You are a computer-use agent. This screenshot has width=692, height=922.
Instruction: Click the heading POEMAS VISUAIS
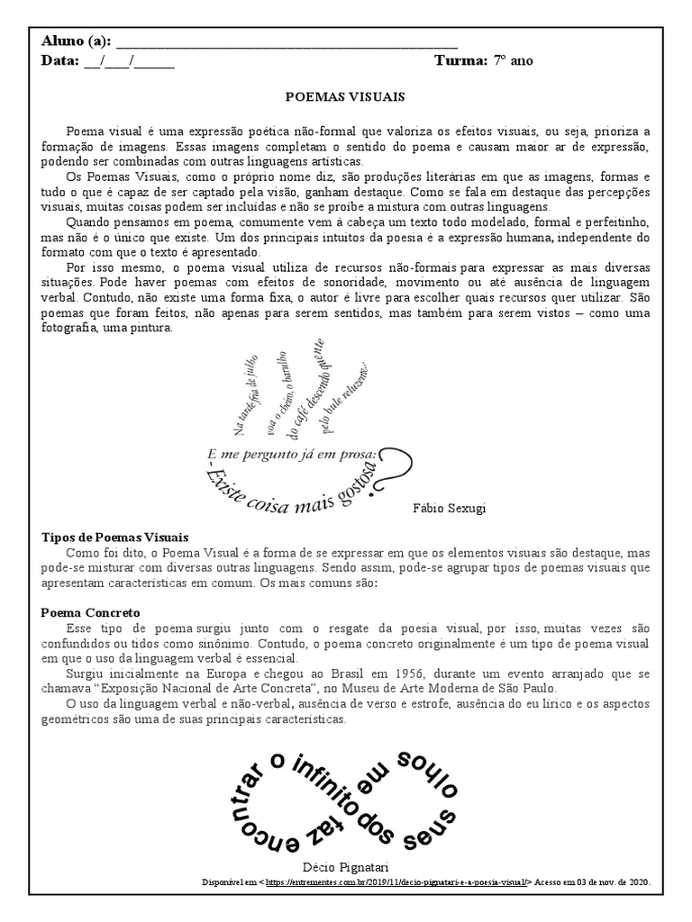pos(345,95)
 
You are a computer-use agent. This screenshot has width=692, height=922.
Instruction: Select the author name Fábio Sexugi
pos(449,508)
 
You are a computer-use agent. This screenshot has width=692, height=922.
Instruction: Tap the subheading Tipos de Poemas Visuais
pos(115,537)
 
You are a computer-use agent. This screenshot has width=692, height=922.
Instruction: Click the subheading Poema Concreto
pos(90,611)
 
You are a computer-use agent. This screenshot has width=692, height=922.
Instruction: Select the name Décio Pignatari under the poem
pos(347,865)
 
